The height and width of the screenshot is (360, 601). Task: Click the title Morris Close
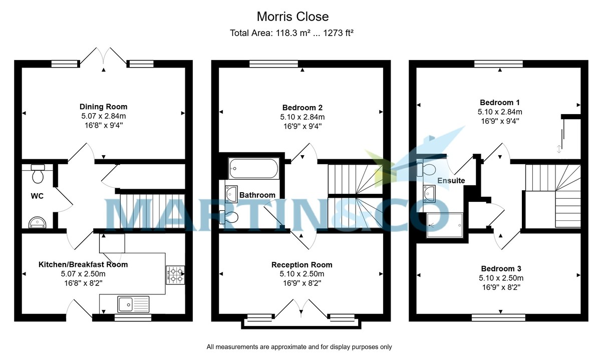point(292,17)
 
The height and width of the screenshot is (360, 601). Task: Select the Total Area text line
point(292,34)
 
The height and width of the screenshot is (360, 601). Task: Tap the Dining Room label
point(103,107)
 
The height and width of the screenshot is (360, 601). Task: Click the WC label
point(37,196)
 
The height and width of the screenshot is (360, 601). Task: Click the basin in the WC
point(38,222)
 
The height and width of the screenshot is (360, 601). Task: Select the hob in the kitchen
point(175,274)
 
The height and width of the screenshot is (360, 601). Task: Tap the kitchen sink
point(133,304)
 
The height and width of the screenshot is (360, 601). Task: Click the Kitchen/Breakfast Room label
point(83,264)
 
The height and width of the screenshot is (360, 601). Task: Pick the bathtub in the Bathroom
point(253,169)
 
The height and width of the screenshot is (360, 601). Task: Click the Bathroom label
point(257,195)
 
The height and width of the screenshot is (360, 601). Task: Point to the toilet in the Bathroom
point(230,217)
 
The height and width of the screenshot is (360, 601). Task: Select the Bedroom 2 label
point(302,107)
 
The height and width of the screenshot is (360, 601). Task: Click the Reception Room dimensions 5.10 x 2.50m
point(302,274)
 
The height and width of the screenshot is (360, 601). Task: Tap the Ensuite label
point(451,180)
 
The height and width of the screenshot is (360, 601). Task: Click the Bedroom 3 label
point(501,268)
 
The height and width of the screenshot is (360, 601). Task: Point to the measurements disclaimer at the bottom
point(299,347)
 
